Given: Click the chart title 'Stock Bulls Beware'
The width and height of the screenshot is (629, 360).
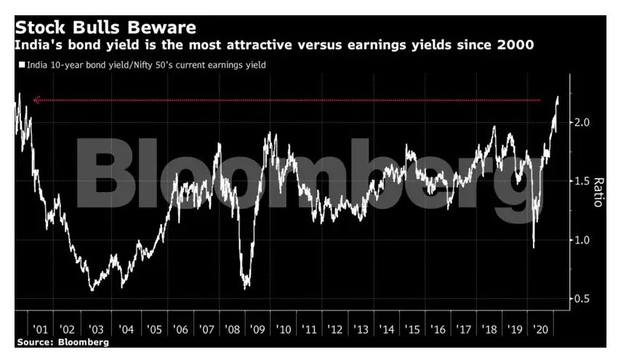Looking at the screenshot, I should point(106,28).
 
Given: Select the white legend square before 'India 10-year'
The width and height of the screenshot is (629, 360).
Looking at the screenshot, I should point(22,65).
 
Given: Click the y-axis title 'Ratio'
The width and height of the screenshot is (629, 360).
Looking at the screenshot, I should point(598,191).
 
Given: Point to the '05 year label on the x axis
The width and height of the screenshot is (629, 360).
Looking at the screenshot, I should point(153,329).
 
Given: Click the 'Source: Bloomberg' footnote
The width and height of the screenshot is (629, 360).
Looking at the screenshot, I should point(63,341).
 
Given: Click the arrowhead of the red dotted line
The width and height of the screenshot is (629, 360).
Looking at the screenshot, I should point(36,100).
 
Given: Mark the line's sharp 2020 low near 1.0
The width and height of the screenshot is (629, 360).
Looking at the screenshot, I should point(534,247).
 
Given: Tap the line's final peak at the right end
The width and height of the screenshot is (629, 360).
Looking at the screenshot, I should point(557,97).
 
